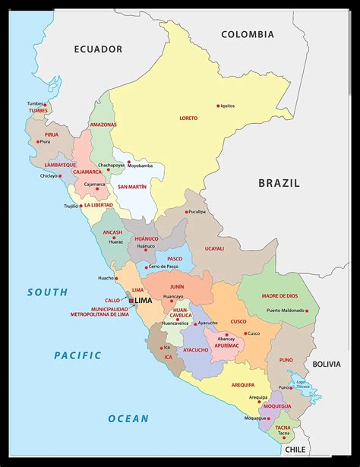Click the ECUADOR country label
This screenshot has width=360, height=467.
click(98, 49)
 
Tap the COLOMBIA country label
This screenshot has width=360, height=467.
click(248, 34)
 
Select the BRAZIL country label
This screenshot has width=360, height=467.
click(279, 183)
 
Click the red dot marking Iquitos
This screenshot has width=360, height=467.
click(218, 106)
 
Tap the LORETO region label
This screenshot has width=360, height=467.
click(188, 118)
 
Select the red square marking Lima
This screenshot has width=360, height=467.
click(131, 301)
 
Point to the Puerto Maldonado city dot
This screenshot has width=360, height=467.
click(307, 310)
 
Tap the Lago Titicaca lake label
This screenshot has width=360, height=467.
click(302, 384)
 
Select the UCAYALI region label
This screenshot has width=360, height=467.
click(214, 248)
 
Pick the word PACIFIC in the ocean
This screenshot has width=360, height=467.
click(77, 355)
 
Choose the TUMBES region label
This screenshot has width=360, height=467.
click(38, 111)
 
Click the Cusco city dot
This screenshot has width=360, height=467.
click(245, 333)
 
